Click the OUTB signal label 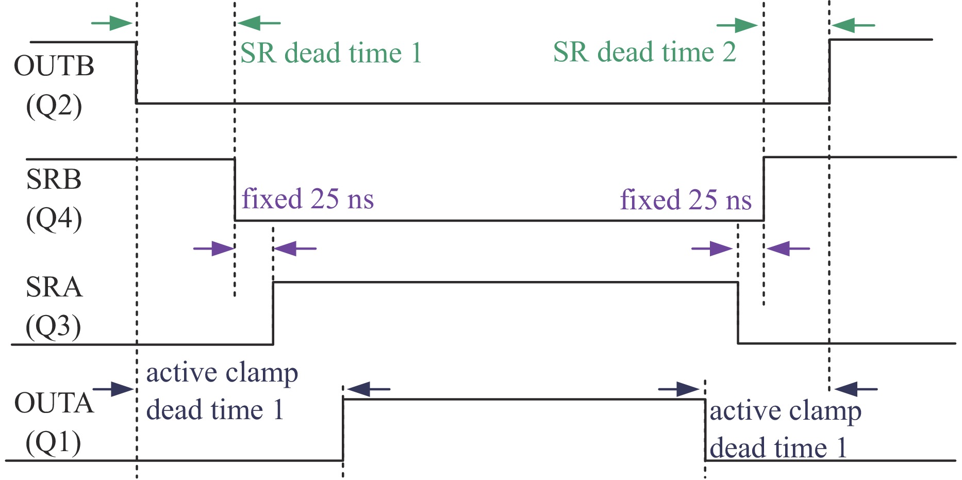coord(54,67)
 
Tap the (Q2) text coord(54,106)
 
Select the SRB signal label coord(54,179)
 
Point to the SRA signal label coord(54,287)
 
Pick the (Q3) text coord(54,326)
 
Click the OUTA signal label coord(54,403)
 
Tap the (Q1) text coord(54,442)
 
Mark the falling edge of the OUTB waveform coord(136,72)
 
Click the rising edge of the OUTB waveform coord(830,71)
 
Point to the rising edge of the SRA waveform coord(273,313)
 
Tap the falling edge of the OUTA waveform coord(705,429)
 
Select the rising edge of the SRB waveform coord(764,189)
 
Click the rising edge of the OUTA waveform coord(343,429)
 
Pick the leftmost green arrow coord(111,23)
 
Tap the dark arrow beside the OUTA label coord(113,389)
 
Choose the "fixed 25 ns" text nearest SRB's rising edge coord(685,200)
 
